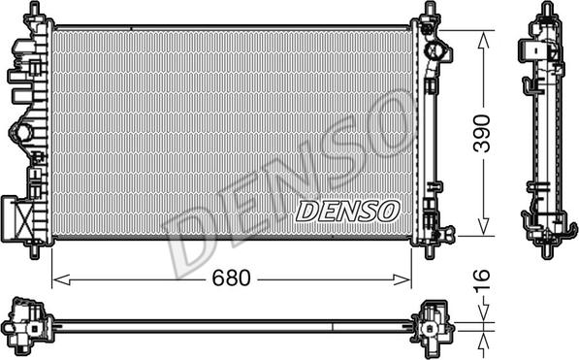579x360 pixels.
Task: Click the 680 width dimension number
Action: [231, 278]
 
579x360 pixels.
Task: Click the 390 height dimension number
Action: [482, 134]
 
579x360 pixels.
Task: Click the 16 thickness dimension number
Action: [481, 279]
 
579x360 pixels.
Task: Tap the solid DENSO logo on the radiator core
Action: [348, 212]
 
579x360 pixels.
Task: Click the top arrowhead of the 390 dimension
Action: [483, 40]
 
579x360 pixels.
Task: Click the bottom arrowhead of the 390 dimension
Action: [483, 226]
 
